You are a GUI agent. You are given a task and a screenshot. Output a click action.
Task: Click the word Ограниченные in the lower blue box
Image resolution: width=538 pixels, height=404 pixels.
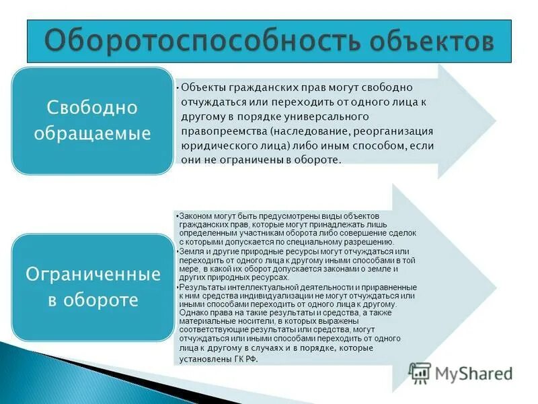(x=93, y=275)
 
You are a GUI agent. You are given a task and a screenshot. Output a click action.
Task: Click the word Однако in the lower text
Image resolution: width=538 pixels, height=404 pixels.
(x=196, y=314)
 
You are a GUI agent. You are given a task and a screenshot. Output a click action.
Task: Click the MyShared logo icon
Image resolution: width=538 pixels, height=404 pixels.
(x=420, y=372)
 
